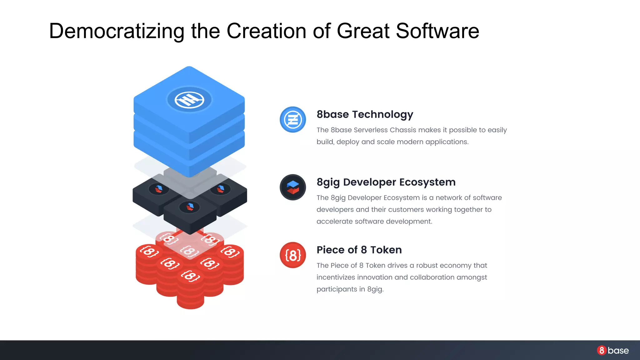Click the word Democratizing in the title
(x=117, y=31)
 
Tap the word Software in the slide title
(x=437, y=31)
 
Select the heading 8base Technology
(x=365, y=114)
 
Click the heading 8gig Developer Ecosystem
(x=386, y=182)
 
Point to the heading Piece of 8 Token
(x=359, y=250)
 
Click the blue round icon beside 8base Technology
(x=293, y=120)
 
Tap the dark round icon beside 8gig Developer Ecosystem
(x=293, y=187)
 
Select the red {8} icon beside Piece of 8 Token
(x=293, y=255)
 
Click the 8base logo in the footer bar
(x=613, y=350)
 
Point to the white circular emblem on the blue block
(x=189, y=100)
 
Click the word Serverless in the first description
(x=371, y=130)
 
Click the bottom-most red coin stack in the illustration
(x=190, y=291)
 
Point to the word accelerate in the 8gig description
(x=334, y=222)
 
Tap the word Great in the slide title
(x=363, y=31)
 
